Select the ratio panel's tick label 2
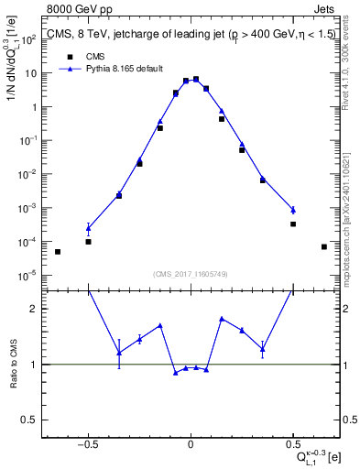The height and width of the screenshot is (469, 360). coord(37,309)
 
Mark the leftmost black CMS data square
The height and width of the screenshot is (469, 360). coord(58,252)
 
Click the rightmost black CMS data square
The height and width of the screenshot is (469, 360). coord(324,246)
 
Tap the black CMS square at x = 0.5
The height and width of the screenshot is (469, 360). coord(293,224)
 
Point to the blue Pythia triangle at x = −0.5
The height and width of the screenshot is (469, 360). coord(88,228)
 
